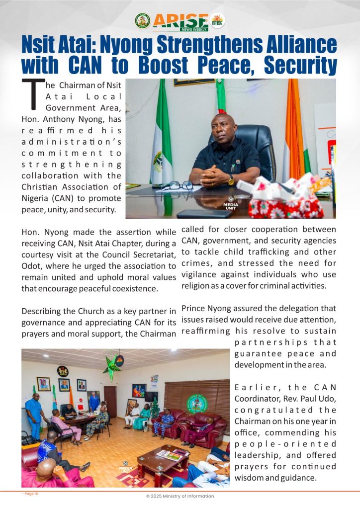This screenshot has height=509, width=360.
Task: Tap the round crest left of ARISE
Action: coord(142,20)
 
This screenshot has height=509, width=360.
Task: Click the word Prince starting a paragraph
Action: coord(194,308)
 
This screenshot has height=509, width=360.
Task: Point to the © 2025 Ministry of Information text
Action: coord(180,496)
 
